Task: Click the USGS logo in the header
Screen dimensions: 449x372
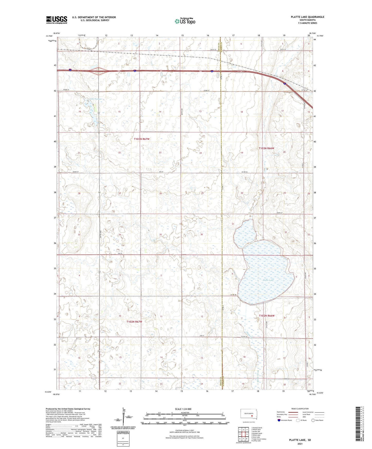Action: (x=57, y=20)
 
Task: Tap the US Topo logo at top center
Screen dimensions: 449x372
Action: (x=185, y=21)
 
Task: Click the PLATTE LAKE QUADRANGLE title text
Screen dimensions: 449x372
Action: (x=304, y=17)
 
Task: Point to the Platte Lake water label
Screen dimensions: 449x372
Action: (x=268, y=280)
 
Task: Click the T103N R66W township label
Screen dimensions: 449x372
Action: (x=267, y=148)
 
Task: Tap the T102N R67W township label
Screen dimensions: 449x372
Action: (x=134, y=322)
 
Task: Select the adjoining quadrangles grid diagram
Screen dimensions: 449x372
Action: (x=243, y=435)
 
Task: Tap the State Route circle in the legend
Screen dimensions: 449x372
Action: (x=313, y=420)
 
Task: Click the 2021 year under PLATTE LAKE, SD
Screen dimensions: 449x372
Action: (x=300, y=444)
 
